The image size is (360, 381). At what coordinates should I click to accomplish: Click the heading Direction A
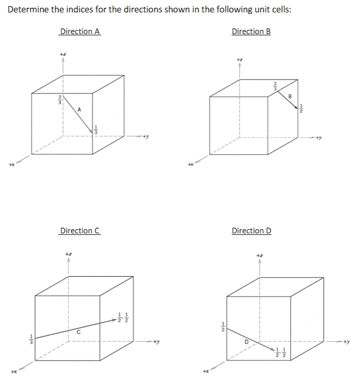[80, 31]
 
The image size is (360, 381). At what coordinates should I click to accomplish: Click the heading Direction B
[251, 31]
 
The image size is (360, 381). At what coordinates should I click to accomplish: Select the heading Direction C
[80, 231]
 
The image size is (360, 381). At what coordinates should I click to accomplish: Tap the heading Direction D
[252, 231]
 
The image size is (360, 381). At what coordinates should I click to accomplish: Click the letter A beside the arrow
[79, 108]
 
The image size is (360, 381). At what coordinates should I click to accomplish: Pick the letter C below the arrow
[79, 331]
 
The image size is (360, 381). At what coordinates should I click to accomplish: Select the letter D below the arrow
[246, 341]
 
